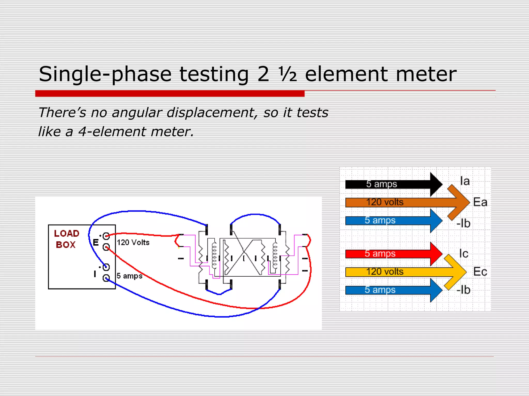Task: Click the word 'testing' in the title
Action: [x=214, y=74]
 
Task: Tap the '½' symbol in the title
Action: [x=288, y=74]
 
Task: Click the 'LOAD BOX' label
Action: [x=66, y=239]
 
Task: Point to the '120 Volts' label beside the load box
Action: [x=133, y=243]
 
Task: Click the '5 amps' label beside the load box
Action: [x=129, y=276]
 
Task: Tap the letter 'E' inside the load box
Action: [x=96, y=243]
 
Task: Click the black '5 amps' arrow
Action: [x=393, y=184]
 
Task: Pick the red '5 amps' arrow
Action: [x=393, y=254]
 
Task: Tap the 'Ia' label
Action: [x=465, y=181]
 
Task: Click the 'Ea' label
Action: [x=480, y=202]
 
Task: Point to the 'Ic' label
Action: [x=464, y=254]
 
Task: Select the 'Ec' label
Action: [x=480, y=272]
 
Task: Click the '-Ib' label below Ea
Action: [x=463, y=224]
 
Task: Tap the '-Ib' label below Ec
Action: [x=463, y=290]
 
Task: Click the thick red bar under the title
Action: [x=170, y=94]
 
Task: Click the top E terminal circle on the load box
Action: [x=106, y=236]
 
